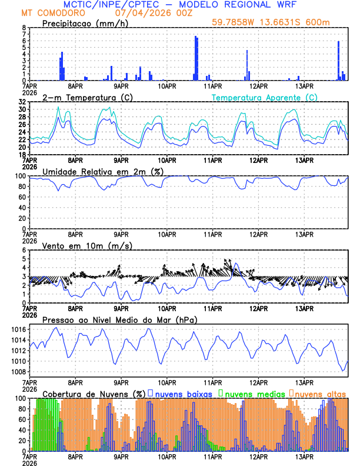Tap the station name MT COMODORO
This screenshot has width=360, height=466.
click(x=52, y=12)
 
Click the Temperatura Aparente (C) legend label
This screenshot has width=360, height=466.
click(x=264, y=97)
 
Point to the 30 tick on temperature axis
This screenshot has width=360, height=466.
click(x=22, y=109)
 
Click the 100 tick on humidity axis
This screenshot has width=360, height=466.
click(x=19, y=176)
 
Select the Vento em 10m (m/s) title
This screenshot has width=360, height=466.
click(x=87, y=245)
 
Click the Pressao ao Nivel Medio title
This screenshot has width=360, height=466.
click(x=119, y=319)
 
